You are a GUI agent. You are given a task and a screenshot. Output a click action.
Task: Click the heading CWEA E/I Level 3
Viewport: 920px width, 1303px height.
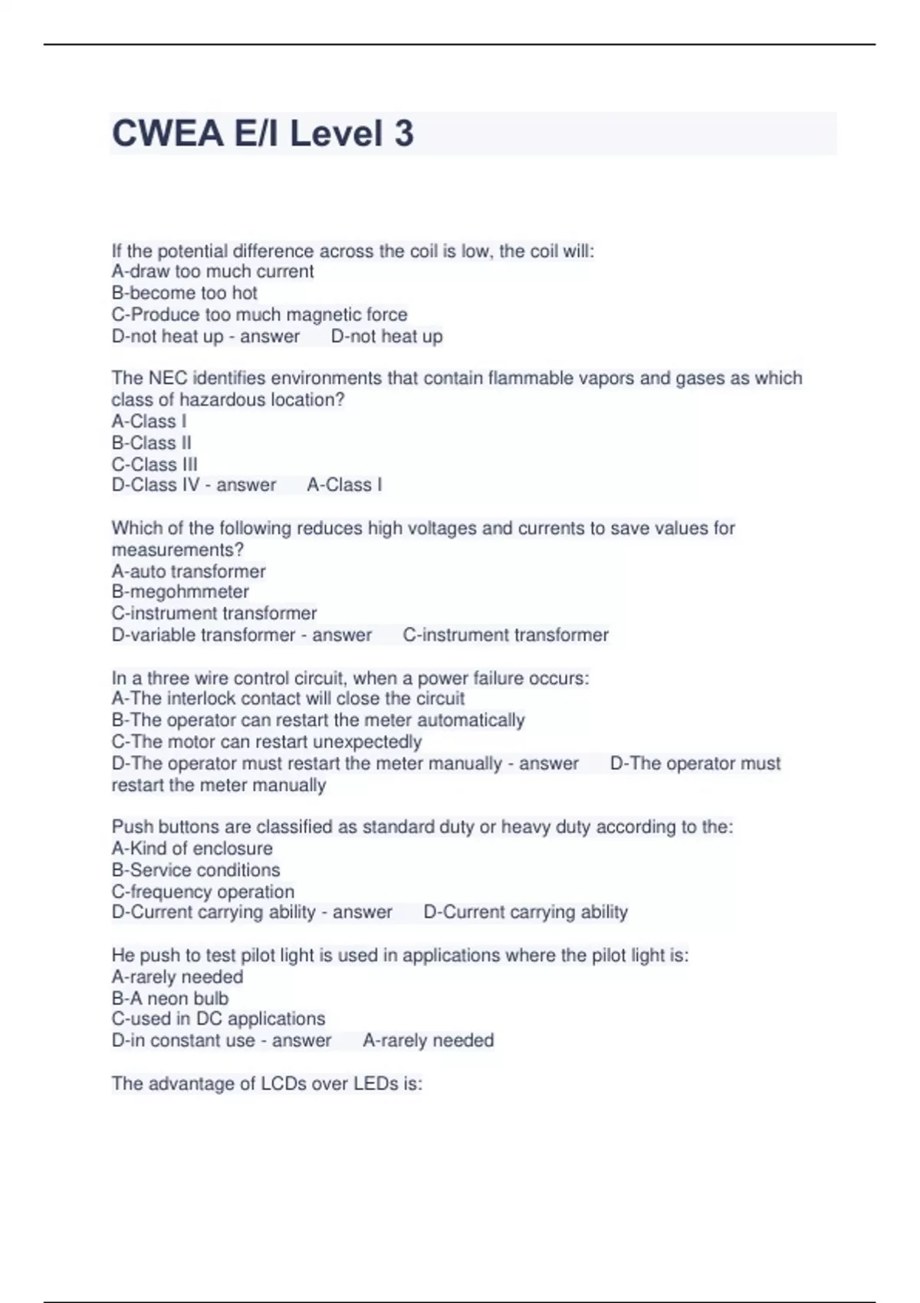point(262,133)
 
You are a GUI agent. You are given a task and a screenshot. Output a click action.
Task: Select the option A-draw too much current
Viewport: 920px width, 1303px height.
point(212,271)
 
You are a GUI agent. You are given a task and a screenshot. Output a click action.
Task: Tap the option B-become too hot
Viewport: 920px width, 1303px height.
point(184,293)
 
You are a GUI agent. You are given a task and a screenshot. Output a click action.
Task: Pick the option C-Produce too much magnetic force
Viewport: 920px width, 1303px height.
point(259,314)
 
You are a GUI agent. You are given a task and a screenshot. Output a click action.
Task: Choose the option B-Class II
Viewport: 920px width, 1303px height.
point(151,443)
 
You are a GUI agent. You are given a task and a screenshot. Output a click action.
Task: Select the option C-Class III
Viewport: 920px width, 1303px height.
point(154,464)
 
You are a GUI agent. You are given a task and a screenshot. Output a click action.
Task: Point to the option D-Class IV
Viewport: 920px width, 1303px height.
point(156,485)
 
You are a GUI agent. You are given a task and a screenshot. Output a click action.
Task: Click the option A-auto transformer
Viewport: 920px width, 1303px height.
point(189,571)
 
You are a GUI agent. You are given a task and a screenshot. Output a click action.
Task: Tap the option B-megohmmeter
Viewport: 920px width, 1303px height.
point(180,592)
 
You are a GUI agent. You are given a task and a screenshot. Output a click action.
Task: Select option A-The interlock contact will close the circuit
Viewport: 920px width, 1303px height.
point(288,698)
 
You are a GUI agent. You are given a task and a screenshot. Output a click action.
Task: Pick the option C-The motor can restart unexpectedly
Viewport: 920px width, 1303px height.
point(267,742)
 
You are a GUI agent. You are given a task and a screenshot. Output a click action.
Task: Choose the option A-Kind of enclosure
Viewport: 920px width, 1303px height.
point(192,848)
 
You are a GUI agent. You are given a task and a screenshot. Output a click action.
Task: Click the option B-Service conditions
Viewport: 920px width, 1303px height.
point(195,870)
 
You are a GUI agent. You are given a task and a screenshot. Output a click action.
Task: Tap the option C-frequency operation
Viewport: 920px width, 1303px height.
point(202,891)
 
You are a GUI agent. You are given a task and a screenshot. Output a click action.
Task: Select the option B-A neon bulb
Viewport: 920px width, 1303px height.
point(169,998)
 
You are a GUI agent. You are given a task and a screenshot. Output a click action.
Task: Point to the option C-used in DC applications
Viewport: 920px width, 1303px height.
point(218,1019)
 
